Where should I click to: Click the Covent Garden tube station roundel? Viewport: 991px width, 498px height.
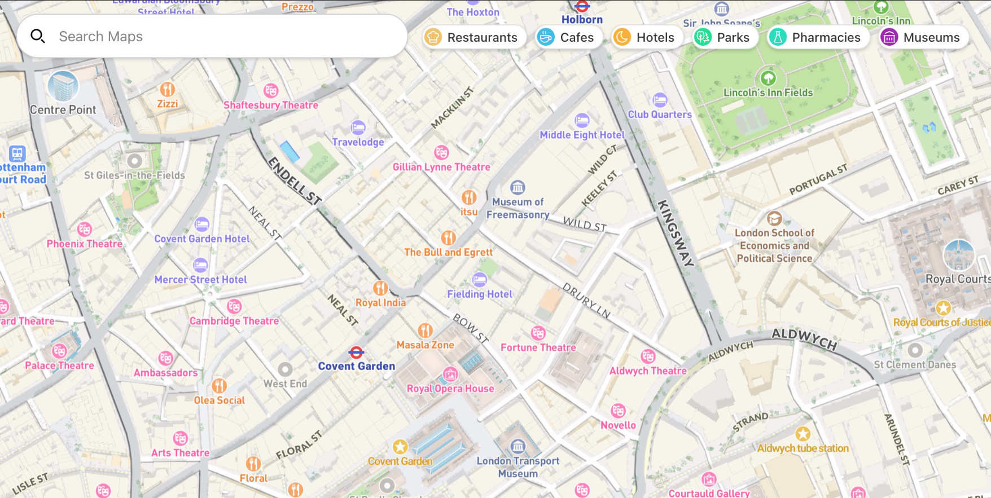tap(356, 353)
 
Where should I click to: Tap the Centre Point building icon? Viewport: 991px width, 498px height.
tap(63, 86)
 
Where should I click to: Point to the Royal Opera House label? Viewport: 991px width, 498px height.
tap(450, 389)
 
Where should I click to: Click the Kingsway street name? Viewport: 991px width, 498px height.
tap(675, 232)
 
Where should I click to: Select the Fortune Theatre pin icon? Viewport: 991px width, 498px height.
tap(538, 333)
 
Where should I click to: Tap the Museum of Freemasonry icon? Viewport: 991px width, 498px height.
tap(518, 187)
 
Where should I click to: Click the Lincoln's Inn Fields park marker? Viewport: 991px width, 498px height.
tap(768, 78)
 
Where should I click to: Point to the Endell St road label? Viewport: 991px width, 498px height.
tap(295, 180)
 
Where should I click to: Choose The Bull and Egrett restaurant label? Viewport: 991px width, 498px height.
tap(449, 252)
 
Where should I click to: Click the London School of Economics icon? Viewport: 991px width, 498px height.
tap(774, 218)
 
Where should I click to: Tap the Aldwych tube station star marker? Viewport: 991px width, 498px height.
tap(803, 434)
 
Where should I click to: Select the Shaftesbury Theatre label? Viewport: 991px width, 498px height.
tap(271, 105)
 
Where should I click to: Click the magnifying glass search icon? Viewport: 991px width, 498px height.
tap(38, 37)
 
